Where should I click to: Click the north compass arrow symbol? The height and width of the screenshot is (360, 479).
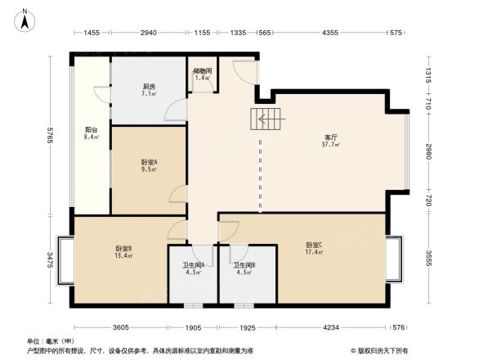pos(25,19)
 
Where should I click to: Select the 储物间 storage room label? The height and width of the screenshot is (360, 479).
pos(202,74)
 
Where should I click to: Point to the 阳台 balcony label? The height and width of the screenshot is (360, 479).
pos(92,133)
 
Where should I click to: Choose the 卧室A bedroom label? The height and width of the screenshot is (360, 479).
pos(149,166)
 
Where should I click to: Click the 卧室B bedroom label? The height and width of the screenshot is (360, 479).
pos(123,251)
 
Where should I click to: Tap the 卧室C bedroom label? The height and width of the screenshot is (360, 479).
pos(314,248)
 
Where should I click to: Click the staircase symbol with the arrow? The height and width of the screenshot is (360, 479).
pos(267,119)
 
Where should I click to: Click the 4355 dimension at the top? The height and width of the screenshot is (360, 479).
pos(330,33)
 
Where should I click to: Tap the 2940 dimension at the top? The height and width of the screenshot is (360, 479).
pos(148,33)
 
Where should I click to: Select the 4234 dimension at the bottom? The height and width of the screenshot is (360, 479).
pos(330,327)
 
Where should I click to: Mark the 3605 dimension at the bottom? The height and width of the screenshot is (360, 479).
pos(121,327)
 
